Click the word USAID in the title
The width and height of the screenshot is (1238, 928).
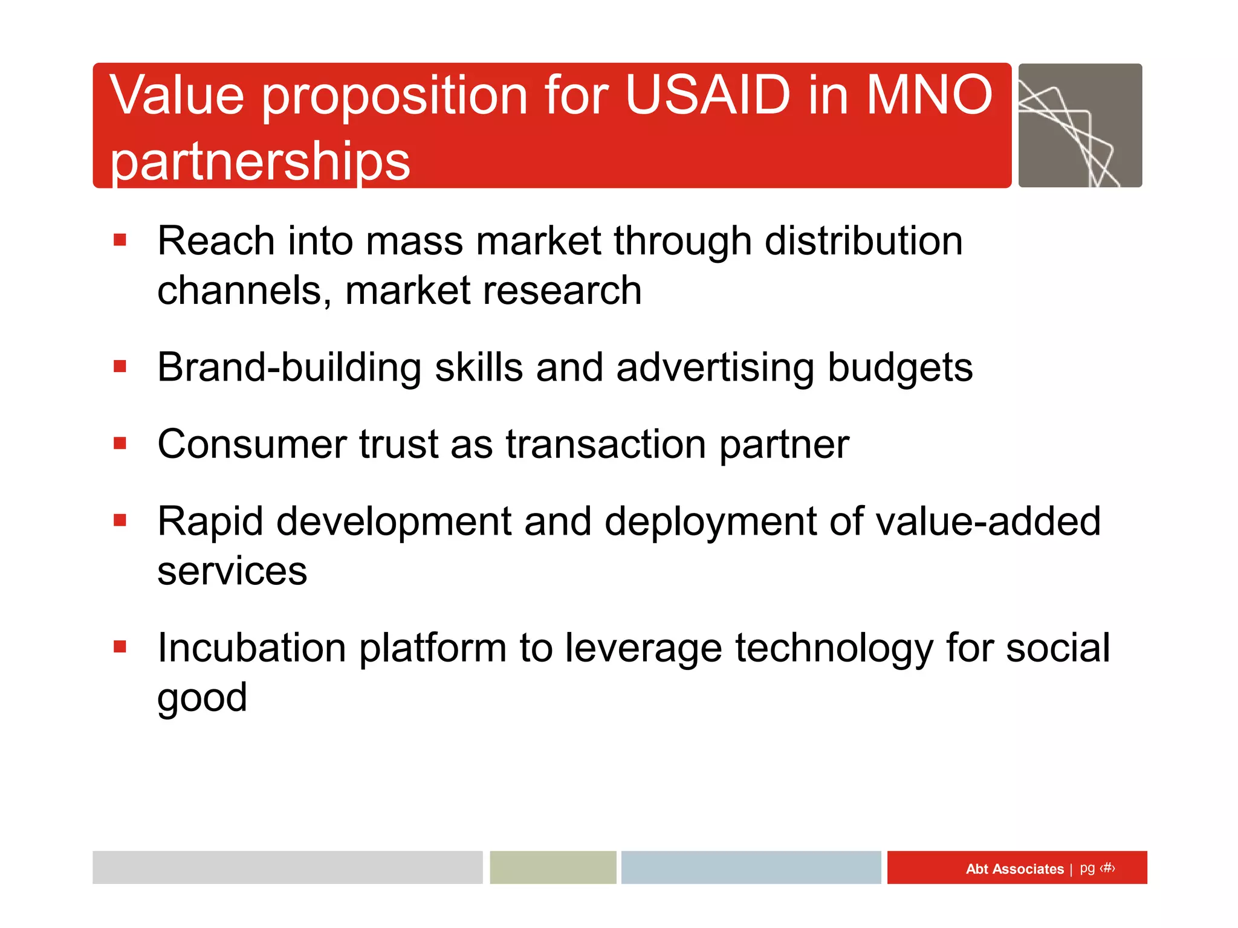pos(707,95)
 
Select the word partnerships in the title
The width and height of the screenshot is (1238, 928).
pos(260,162)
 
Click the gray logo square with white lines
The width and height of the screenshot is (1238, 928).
pos(1080,126)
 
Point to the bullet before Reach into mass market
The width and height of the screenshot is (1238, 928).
pos(120,240)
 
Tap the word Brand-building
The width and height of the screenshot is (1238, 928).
pos(289,367)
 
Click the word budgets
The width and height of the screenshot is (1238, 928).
pos(900,367)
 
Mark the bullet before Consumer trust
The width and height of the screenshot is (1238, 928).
pos(120,444)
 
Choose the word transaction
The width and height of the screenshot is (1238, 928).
pos(606,445)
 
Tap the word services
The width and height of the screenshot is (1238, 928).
pos(232,571)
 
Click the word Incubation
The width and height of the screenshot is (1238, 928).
pos(251,648)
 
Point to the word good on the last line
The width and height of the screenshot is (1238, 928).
pos(202,698)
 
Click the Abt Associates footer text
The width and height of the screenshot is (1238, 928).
pos(1014,869)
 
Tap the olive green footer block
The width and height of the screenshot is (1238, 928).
pos(553,868)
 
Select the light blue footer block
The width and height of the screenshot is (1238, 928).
pos(751,868)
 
